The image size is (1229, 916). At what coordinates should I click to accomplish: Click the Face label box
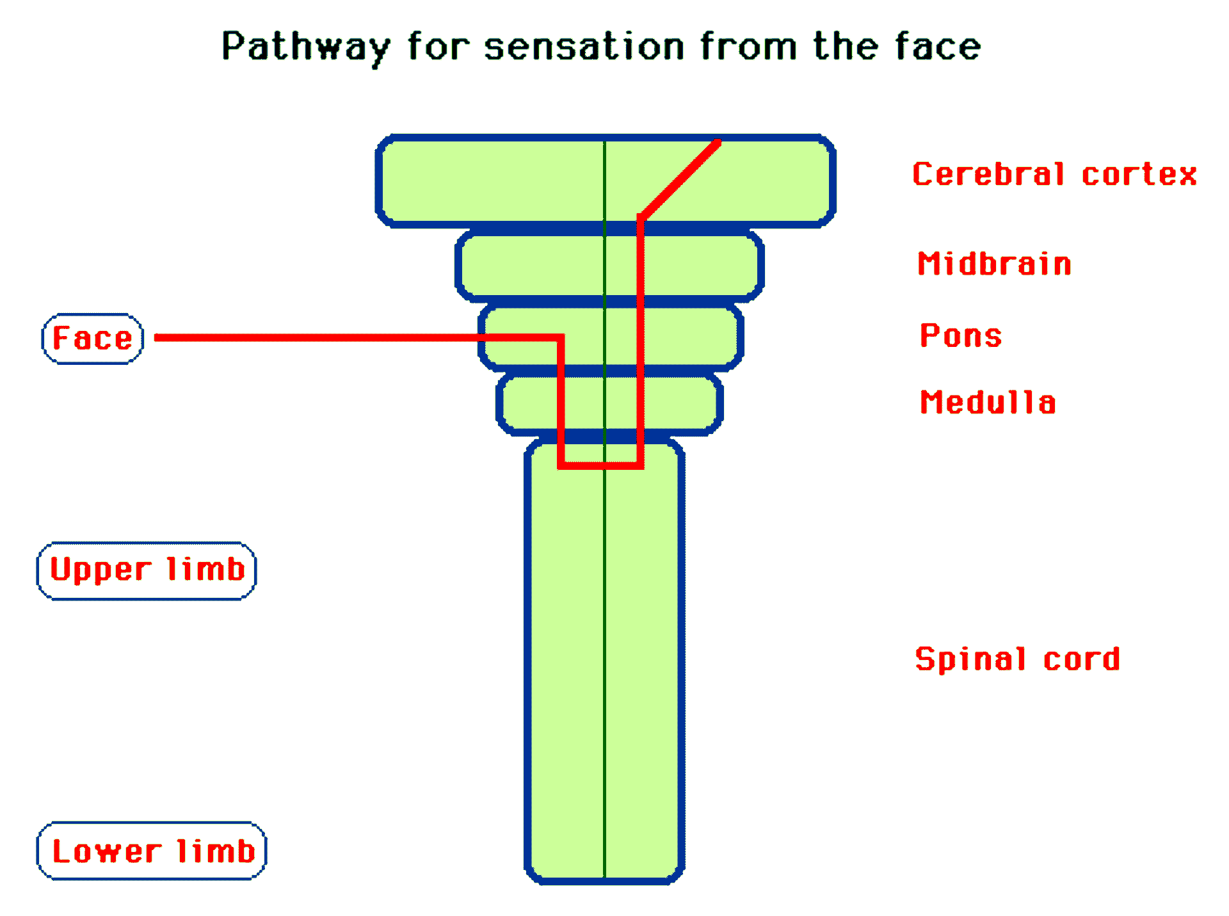coord(92,339)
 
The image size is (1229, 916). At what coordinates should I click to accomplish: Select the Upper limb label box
coord(147,570)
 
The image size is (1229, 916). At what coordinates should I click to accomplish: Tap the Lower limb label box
coord(152,851)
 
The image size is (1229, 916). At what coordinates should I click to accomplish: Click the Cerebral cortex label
coord(1054,174)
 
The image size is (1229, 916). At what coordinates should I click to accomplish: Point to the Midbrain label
coord(994,264)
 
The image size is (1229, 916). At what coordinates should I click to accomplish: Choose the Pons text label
coord(960,336)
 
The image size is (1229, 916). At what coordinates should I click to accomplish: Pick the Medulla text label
coord(988,403)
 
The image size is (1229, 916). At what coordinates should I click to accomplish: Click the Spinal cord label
coord(1017,659)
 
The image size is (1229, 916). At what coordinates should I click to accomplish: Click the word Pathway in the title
coord(305,47)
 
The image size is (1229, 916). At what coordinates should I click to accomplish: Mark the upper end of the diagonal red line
coord(718,142)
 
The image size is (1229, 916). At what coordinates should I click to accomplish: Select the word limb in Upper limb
coord(205,569)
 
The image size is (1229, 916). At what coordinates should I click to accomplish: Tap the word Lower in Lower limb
coord(106,851)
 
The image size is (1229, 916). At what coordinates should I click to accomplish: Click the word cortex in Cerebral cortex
coord(1139,174)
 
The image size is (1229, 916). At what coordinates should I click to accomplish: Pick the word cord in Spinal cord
coord(1081,659)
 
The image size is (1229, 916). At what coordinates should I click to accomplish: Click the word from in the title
coord(748,47)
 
